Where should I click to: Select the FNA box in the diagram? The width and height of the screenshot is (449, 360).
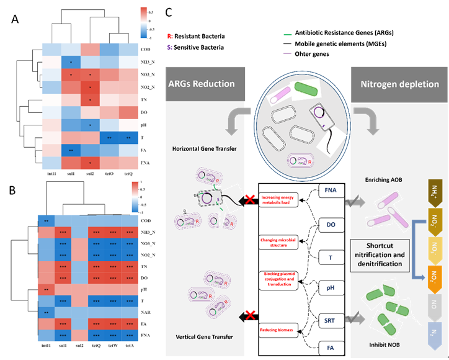(331, 191)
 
